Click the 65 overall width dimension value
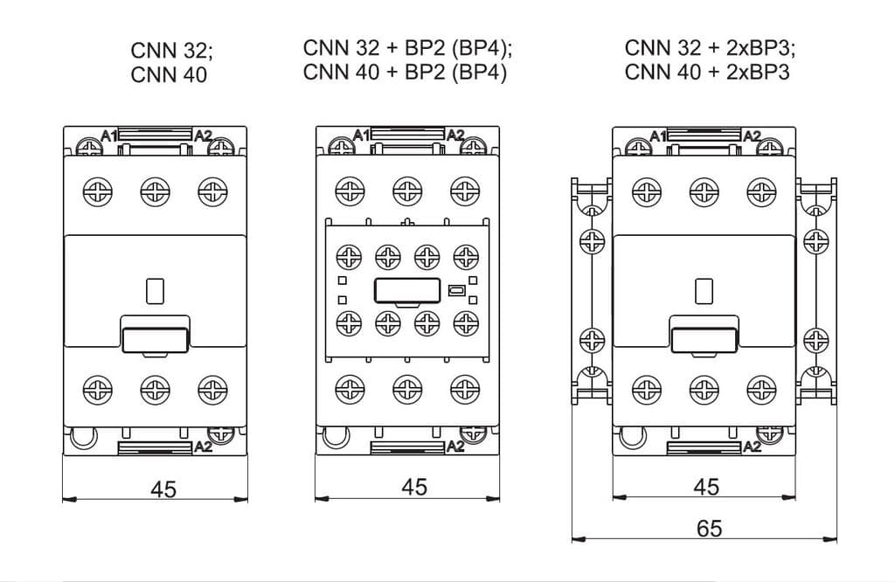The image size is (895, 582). point(709,529)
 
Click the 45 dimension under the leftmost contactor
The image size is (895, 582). point(163,488)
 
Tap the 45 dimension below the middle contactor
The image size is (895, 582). point(413,487)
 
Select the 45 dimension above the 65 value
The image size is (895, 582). point(705,487)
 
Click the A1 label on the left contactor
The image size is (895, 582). point(108,135)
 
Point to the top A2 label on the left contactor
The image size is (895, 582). point(203,135)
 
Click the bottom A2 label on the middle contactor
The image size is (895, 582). point(455,447)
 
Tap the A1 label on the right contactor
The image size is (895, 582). point(657,135)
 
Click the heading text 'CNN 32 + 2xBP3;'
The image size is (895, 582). point(710,47)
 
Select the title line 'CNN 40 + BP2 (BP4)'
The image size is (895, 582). point(405,72)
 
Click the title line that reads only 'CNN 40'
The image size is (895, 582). point(169,75)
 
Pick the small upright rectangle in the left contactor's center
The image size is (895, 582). point(155,291)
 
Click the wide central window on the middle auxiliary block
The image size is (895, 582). point(406,290)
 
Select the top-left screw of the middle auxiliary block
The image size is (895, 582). point(348,256)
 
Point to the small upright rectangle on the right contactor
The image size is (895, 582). point(704,291)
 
